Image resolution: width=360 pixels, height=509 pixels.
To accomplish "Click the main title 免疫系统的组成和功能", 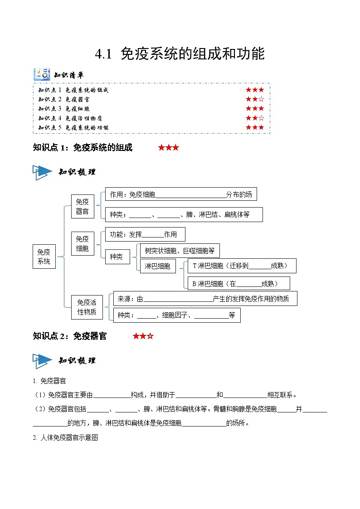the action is (180, 54).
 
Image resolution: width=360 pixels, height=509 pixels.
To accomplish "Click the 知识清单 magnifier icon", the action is (42, 74).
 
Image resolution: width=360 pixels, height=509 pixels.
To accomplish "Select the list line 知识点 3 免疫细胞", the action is (64, 109).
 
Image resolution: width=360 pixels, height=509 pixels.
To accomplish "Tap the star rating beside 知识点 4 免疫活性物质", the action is (254, 118).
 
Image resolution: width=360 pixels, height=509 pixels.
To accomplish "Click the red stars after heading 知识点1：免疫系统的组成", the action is (168, 148).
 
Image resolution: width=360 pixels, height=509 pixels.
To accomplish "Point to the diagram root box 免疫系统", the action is (44, 257).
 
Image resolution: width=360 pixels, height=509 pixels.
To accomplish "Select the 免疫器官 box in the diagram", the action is (83, 207).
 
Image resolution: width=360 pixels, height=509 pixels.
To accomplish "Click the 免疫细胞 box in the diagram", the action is (83, 243).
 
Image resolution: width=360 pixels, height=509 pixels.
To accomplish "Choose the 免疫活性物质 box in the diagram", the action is (87, 307).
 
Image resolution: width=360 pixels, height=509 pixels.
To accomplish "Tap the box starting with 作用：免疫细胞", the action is (181, 194).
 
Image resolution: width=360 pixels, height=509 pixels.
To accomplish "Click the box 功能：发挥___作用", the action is (145, 234).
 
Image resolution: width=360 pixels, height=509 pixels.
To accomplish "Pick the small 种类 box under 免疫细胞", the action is (117, 257).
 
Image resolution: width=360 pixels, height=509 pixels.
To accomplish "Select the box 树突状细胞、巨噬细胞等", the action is (180, 250).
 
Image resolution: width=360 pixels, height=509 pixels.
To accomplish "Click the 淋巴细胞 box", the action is (157, 266).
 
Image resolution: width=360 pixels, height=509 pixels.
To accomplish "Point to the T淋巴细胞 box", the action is (242, 266).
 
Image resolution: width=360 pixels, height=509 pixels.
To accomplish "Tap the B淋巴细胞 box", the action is (238, 284).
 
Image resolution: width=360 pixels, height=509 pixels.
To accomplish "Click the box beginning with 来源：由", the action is (205, 299).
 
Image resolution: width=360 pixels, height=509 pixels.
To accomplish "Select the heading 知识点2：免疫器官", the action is (70, 336).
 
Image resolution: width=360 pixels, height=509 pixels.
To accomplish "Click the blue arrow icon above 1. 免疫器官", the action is (43, 361).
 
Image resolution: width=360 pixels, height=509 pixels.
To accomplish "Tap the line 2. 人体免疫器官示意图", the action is (66, 438).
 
